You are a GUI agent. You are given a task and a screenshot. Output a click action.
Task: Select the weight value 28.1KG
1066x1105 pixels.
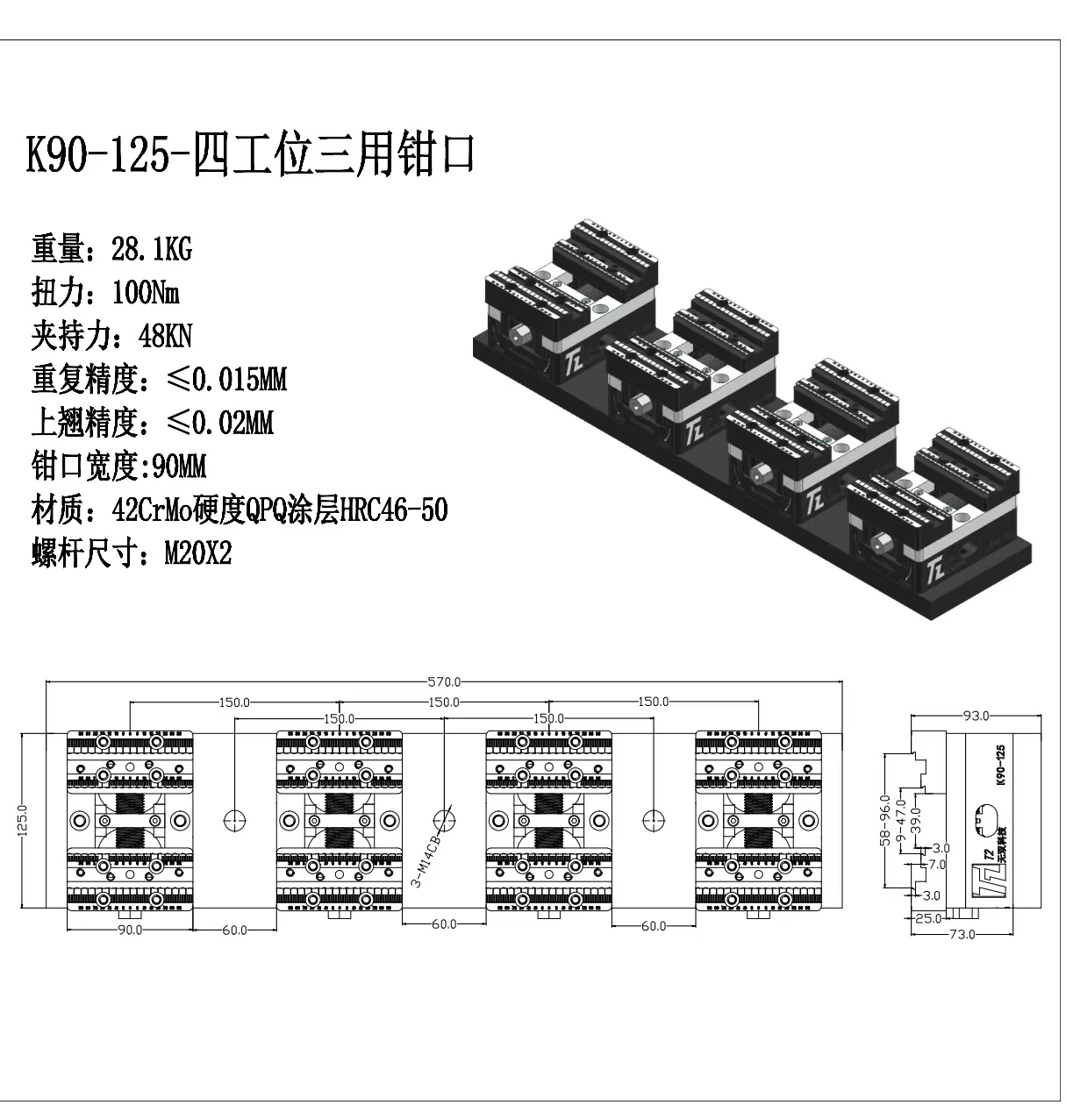[151, 250]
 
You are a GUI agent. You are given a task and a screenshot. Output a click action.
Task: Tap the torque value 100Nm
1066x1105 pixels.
[146, 292]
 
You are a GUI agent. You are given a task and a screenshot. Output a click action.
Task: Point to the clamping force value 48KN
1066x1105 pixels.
[165, 336]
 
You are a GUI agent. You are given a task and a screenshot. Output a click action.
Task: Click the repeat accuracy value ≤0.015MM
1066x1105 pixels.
[225, 380]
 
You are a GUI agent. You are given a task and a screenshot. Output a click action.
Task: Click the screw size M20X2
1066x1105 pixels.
[198, 554]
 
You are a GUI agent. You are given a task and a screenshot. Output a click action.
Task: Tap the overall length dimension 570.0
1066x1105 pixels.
[444, 681]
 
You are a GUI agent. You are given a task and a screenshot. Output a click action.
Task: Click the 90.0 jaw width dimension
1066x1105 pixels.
[130, 930]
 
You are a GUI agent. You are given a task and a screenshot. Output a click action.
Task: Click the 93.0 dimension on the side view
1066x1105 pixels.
[976, 716]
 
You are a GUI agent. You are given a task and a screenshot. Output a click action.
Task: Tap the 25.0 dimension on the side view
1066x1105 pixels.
[927, 919]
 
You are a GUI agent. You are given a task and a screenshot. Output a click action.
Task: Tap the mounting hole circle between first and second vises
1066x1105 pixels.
[234, 819]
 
